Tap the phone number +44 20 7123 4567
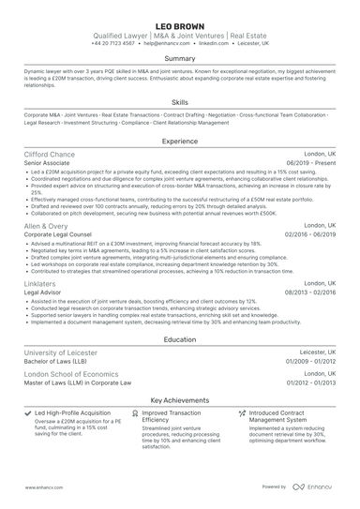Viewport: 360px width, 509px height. (116, 43)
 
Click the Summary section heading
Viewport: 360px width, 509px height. (180, 58)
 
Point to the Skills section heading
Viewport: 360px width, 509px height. (180, 101)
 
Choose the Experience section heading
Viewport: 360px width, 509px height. (180, 141)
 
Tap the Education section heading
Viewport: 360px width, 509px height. (180, 340)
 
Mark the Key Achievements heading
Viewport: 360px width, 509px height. (180, 398)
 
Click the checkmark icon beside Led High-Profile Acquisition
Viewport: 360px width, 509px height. (27, 412)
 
